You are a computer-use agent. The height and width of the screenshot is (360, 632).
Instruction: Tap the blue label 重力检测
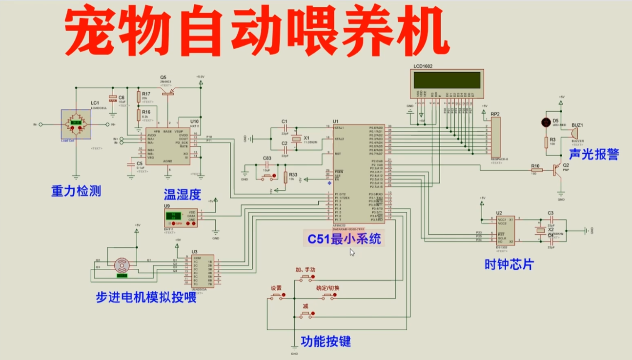tap(76, 191)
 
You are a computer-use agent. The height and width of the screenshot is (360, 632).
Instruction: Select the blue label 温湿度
tap(183, 196)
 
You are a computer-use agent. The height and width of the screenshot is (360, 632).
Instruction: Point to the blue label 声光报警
tap(593, 155)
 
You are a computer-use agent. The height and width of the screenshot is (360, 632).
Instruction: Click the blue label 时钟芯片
tap(509, 264)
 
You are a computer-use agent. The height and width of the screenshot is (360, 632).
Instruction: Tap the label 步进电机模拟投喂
tap(146, 297)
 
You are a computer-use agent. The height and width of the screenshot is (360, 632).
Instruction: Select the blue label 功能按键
tap(326, 341)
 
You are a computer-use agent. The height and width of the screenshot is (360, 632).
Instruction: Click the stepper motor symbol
tap(122, 265)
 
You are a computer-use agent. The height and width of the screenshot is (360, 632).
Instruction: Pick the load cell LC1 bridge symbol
tap(76, 124)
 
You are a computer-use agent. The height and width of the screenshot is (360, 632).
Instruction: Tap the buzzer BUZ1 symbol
tap(574, 133)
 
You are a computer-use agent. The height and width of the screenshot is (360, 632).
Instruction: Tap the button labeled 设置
tap(277, 296)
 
